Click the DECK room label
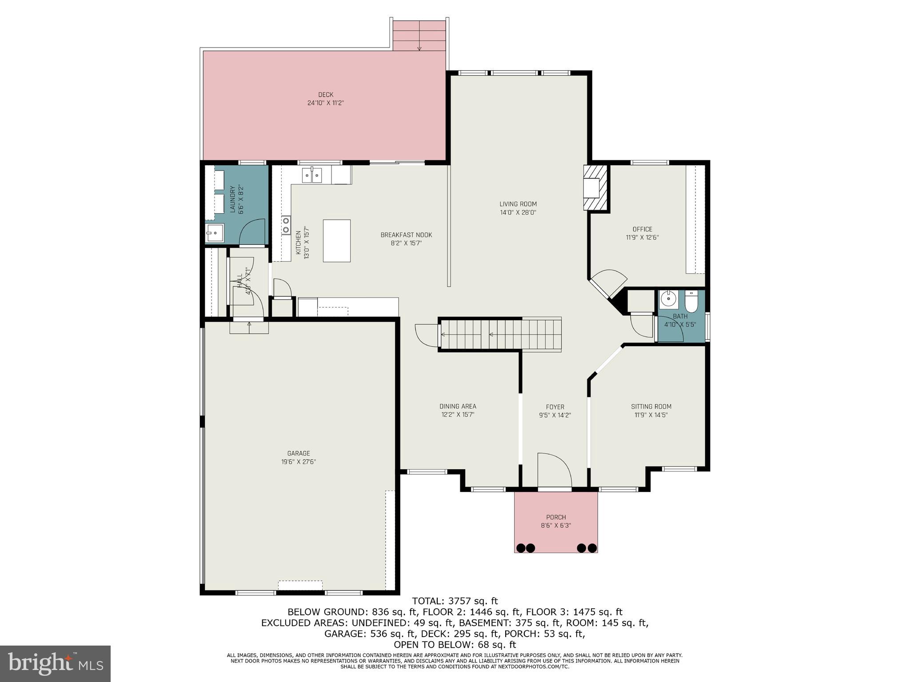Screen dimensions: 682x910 tap(325, 95)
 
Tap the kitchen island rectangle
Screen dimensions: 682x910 tap(336, 240)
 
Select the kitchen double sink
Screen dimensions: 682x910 tap(312, 175)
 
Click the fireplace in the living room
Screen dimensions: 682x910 tap(595, 187)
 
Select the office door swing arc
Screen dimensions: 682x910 tap(609, 282)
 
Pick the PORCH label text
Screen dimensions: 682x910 tap(556, 517)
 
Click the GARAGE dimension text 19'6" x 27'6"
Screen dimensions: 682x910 tap(298, 462)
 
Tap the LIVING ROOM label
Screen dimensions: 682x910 tap(518, 204)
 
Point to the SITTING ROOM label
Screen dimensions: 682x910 tap(651, 407)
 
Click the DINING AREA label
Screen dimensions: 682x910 tap(458, 406)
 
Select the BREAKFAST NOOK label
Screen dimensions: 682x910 tap(406, 235)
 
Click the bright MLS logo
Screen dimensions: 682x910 tap(55, 664)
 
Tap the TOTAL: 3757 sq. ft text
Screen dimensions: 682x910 tap(455, 601)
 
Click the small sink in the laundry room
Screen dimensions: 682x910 tap(214, 232)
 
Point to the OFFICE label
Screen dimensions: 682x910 tap(642, 229)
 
